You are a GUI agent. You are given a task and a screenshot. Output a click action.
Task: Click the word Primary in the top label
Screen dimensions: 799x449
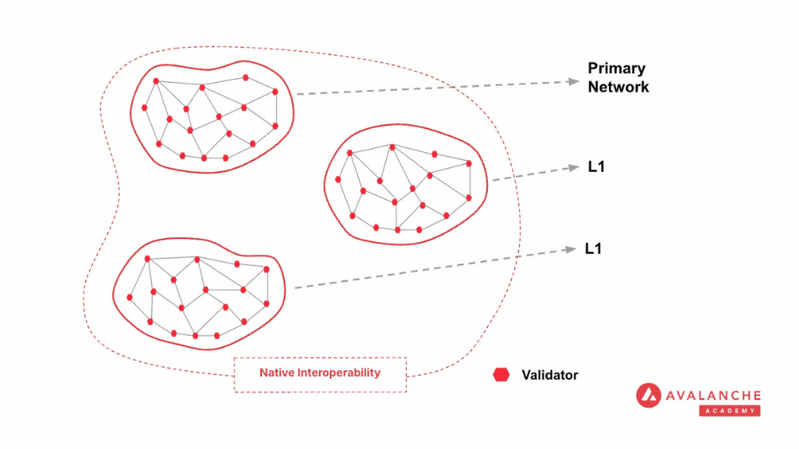tap(617, 69)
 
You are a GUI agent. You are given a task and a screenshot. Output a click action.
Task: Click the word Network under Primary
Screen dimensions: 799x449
tap(618, 87)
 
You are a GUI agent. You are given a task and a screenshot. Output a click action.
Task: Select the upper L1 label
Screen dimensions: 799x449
tap(597, 166)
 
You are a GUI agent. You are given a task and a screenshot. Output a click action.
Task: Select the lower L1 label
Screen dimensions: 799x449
tap(593, 248)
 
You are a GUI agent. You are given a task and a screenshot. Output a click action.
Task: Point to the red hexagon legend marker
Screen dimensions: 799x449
tap(501, 375)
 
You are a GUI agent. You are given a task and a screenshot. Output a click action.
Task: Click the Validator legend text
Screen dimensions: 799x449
tap(550, 375)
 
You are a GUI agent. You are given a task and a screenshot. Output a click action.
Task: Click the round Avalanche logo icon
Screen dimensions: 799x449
tap(649, 396)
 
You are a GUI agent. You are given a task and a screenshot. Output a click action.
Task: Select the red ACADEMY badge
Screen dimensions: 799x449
tap(729, 410)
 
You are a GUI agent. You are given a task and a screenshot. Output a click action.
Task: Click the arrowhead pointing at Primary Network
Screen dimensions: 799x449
tap(575, 81)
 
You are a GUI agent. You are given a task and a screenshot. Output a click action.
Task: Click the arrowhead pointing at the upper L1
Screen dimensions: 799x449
tap(575, 167)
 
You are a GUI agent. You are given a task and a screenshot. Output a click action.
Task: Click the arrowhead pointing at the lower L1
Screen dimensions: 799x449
tap(571, 249)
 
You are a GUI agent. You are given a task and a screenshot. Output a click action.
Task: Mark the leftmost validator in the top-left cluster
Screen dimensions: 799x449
tap(145, 108)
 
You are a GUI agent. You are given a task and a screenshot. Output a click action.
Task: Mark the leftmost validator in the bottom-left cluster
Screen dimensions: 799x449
tap(130, 298)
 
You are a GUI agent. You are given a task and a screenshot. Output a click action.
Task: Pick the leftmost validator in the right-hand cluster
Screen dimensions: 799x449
tap(338, 179)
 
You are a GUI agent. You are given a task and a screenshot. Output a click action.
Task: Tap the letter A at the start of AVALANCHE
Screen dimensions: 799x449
tap(671, 396)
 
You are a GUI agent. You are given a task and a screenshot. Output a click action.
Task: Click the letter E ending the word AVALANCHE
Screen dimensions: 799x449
tap(757, 396)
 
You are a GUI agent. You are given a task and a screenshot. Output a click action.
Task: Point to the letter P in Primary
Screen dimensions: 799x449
tap(593, 68)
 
